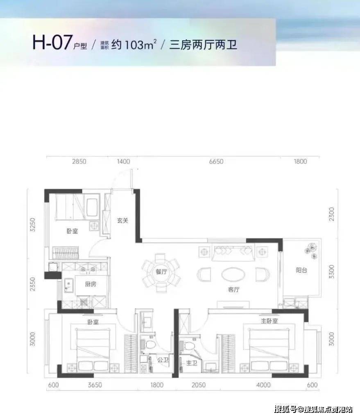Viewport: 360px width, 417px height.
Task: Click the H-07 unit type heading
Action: (52, 43)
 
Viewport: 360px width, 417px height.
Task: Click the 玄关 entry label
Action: (123, 221)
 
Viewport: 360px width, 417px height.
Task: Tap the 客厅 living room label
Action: (233, 289)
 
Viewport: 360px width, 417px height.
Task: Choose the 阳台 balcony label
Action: (302, 270)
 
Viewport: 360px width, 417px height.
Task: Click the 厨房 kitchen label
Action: (90, 284)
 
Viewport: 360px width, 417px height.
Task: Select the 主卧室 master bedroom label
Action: (269, 321)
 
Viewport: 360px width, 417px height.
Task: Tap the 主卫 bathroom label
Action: (192, 363)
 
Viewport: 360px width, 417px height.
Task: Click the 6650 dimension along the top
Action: (216, 161)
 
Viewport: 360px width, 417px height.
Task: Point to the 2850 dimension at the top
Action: (79, 161)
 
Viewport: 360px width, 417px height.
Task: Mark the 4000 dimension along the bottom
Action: (263, 385)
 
